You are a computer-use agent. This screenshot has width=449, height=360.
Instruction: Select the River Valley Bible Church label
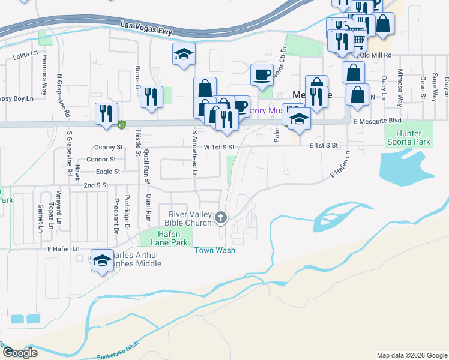click(189, 218)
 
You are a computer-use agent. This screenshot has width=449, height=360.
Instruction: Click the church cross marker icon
click(221, 218)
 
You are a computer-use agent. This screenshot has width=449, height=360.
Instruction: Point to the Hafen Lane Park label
click(165, 238)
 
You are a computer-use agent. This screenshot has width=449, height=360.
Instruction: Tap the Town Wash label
click(214, 250)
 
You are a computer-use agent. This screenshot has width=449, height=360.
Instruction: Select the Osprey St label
click(108, 147)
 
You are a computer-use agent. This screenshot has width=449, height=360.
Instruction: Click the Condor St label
click(101, 159)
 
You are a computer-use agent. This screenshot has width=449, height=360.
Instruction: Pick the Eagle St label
click(109, 172)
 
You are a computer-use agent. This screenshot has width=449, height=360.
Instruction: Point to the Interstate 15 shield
click(122, 125)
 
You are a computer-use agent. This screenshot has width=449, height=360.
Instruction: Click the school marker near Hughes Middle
click(102, 261)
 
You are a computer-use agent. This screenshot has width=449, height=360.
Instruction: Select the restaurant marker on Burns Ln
click(151, 97)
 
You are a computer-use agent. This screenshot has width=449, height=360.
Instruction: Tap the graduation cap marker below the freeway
click(184, 55)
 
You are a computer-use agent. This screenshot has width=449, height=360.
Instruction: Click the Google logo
click(20, 352)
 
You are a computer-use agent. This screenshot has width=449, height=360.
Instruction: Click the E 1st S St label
click(324, 145)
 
